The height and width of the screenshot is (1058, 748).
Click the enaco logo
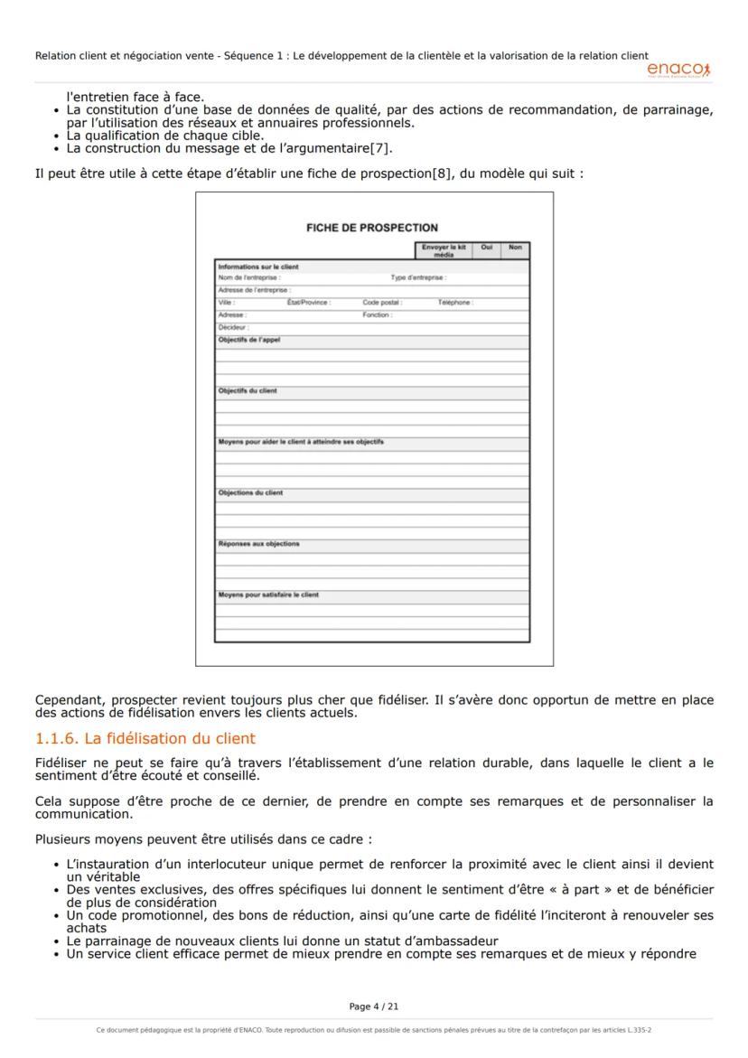678,70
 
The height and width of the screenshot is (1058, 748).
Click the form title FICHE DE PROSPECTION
372,228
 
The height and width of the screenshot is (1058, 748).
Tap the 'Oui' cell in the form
487,247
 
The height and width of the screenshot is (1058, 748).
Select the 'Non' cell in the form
515,247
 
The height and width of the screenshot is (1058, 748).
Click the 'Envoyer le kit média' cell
444,250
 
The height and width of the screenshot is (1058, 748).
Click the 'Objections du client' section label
250,492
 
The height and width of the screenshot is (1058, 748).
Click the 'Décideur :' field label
233,327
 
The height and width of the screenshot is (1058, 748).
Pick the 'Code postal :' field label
382,303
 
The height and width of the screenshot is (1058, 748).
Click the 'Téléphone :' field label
455,303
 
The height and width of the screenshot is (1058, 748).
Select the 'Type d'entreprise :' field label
418,278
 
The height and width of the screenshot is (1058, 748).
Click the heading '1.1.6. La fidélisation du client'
145,739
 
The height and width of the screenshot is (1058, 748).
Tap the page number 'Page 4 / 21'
373,1006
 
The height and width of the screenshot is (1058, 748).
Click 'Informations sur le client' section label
258,267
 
